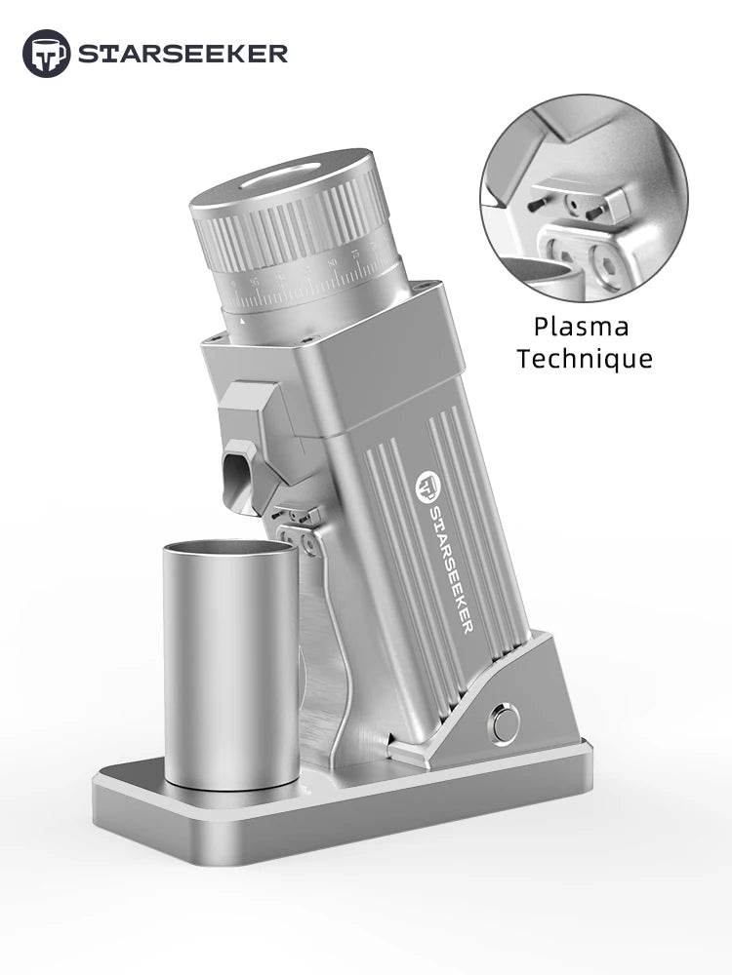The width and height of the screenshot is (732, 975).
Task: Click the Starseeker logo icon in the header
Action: (46, 53)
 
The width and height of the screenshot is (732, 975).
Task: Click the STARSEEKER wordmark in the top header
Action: (183, 54)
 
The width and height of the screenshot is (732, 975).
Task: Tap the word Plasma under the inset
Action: (582, 326)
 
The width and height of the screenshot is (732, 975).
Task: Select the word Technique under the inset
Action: (585, 358)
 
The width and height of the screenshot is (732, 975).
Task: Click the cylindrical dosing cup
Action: (230, 673)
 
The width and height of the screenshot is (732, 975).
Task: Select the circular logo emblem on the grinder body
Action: (427, 485)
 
